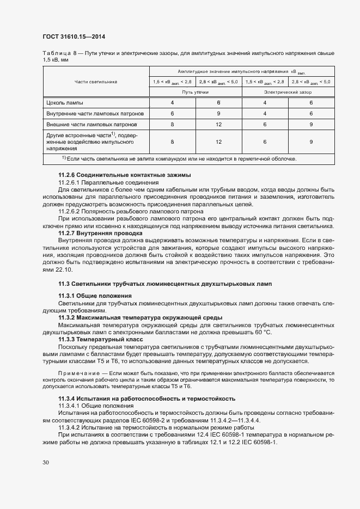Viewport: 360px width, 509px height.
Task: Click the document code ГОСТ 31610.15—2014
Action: [74, 37]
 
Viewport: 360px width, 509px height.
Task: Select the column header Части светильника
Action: [96, 82]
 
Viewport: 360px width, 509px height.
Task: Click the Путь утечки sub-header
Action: [195, 92]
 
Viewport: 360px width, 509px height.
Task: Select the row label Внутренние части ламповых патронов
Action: [95, 113]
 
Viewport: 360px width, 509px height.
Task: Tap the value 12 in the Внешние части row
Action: [218, 124]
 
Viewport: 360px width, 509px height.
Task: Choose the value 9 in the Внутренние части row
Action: [218, 113]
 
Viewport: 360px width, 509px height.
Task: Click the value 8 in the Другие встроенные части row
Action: [172, 142]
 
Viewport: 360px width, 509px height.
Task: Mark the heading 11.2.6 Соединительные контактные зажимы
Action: [125, 175]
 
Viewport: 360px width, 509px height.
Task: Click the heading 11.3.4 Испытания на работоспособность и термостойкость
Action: [147, 398]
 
